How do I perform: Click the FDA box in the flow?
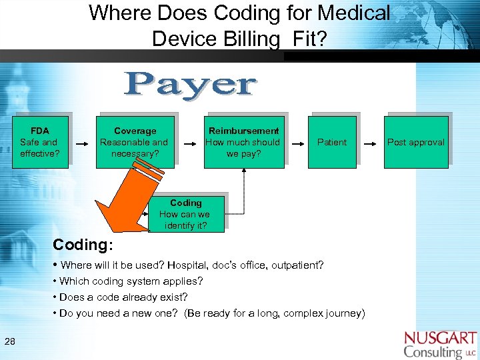(x=39, y=142)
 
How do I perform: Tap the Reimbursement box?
(x=243, y=142)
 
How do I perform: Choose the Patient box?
(x=331, y=142)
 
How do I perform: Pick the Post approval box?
(x=415, y=142)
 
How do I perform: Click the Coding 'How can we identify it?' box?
(x=185, y=214)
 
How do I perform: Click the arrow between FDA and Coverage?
(x=82, y=143)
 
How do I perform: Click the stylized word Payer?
(x=191, y=86)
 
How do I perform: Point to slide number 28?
(x=10, y=341)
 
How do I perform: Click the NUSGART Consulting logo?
(x=440, y=344)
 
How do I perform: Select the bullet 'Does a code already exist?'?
(x=123, y=297)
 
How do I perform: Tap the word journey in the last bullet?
(x=341, y=313)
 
